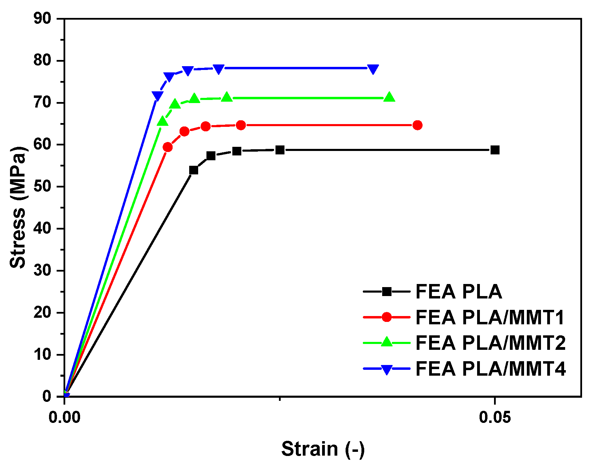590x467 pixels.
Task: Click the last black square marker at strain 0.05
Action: (x=495, y=150)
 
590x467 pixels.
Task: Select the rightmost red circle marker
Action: (x=417, y=125)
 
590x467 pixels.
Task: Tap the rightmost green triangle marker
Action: (x=389, y=97)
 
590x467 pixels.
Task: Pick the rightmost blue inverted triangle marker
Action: (x=373, y=69)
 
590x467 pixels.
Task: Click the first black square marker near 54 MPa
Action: (x=194, y=170)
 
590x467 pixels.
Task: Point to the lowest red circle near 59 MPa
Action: (x=167, y=147)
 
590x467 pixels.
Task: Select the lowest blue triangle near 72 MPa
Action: (x=157, y=96)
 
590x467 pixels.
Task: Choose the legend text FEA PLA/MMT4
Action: (x=490, y=369)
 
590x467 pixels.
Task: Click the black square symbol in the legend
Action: (x=387, y=292)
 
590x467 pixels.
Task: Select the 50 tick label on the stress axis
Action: (x=42, y=186)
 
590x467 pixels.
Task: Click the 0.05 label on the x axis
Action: (x=495, y=417)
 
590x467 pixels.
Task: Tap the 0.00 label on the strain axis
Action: (x=64, y=417)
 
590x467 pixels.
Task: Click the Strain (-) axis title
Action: (x=323, y=449)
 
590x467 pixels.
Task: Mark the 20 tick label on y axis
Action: (x=42, y=313)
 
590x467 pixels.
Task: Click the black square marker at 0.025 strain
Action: (x=280, y=150)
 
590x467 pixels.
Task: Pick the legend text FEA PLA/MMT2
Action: (x=490, y=343)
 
